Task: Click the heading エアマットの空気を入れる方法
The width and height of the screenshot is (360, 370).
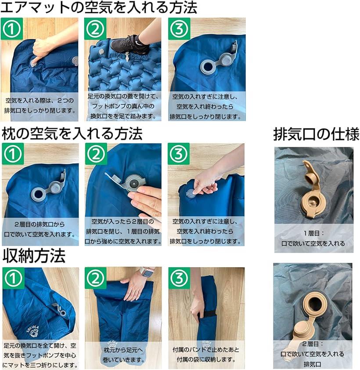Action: (98, 8)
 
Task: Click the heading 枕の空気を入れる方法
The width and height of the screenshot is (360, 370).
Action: (72, 134)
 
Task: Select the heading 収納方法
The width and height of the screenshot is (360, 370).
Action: (34, 256)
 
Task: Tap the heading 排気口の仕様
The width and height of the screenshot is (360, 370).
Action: (316, 134)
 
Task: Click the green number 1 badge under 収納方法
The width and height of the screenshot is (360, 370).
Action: (13, 278)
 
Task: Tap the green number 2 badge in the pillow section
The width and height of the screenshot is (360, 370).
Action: (96, 154)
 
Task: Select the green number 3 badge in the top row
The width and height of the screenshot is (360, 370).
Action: (179, 29)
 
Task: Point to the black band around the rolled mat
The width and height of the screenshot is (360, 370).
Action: (207, 314)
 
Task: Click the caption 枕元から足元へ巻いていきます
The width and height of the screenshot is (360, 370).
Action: (123, 355)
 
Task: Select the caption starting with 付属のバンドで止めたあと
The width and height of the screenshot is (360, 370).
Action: (206, 355)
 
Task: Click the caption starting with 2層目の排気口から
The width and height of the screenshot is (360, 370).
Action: (40, 229)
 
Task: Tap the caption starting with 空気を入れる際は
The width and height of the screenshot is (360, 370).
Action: (40, 105)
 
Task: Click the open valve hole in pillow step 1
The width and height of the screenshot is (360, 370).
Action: (38, 194)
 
